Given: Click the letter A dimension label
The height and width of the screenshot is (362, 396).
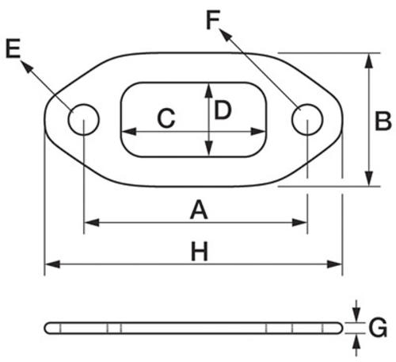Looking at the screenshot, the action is pos(199,210).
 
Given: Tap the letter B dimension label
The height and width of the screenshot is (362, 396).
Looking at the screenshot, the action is pos(383,121).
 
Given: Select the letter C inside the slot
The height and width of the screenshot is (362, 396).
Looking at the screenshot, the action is pos(166,118).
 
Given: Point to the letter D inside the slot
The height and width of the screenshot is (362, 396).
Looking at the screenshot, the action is pos(223,110).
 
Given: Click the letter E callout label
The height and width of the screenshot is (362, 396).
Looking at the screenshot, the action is pos(13,48).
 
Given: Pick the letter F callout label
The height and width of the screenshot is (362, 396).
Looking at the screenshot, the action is pos(213,20).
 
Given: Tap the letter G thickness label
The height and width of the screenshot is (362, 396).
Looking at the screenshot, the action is pos(378,328).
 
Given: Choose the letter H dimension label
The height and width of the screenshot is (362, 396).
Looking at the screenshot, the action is pos(200,252).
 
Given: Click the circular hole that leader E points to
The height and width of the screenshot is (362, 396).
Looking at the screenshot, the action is pos(83,120).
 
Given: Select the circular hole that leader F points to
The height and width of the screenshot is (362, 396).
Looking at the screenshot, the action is pos(307,120).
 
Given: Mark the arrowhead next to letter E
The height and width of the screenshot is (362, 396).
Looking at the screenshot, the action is pos(27,67).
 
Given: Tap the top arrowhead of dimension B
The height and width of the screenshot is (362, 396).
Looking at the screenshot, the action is pos(369,60).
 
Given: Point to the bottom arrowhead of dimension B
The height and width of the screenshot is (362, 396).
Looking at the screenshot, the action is pos(369,179).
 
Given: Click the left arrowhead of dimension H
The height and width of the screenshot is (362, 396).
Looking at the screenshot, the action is pos(52,264).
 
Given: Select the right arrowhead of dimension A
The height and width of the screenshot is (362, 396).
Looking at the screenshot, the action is pos(300,222).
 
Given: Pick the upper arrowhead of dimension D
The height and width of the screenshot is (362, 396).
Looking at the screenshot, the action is pos(209,90).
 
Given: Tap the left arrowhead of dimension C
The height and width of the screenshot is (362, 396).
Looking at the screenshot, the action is pos(130,131).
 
